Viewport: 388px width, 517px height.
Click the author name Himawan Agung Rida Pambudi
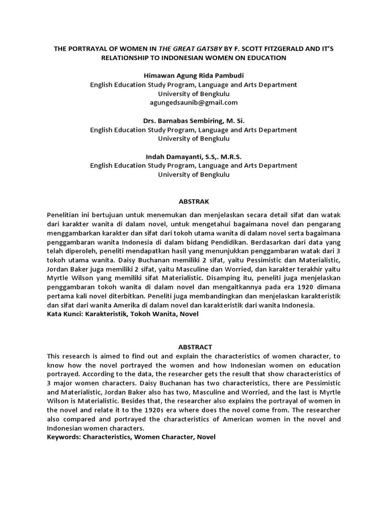[x=193, y=75]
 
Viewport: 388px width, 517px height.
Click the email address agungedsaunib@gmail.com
[x=193, y=102]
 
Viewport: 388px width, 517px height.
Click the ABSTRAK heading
[x=193, y=201]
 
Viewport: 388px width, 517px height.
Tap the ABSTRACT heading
[x=195, y=347]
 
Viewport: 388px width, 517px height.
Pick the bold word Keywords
[x=64, y=437]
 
